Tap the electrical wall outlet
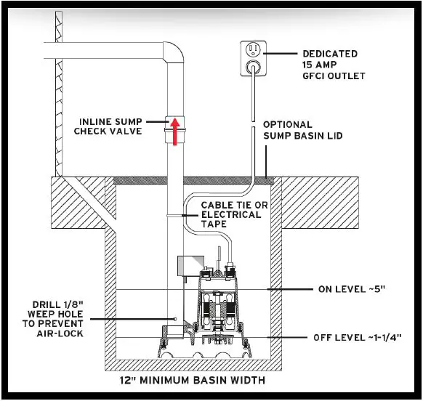251,57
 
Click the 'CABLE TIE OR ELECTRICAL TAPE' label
235,215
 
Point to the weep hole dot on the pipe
175,317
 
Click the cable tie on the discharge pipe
175,215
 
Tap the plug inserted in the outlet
251,66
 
